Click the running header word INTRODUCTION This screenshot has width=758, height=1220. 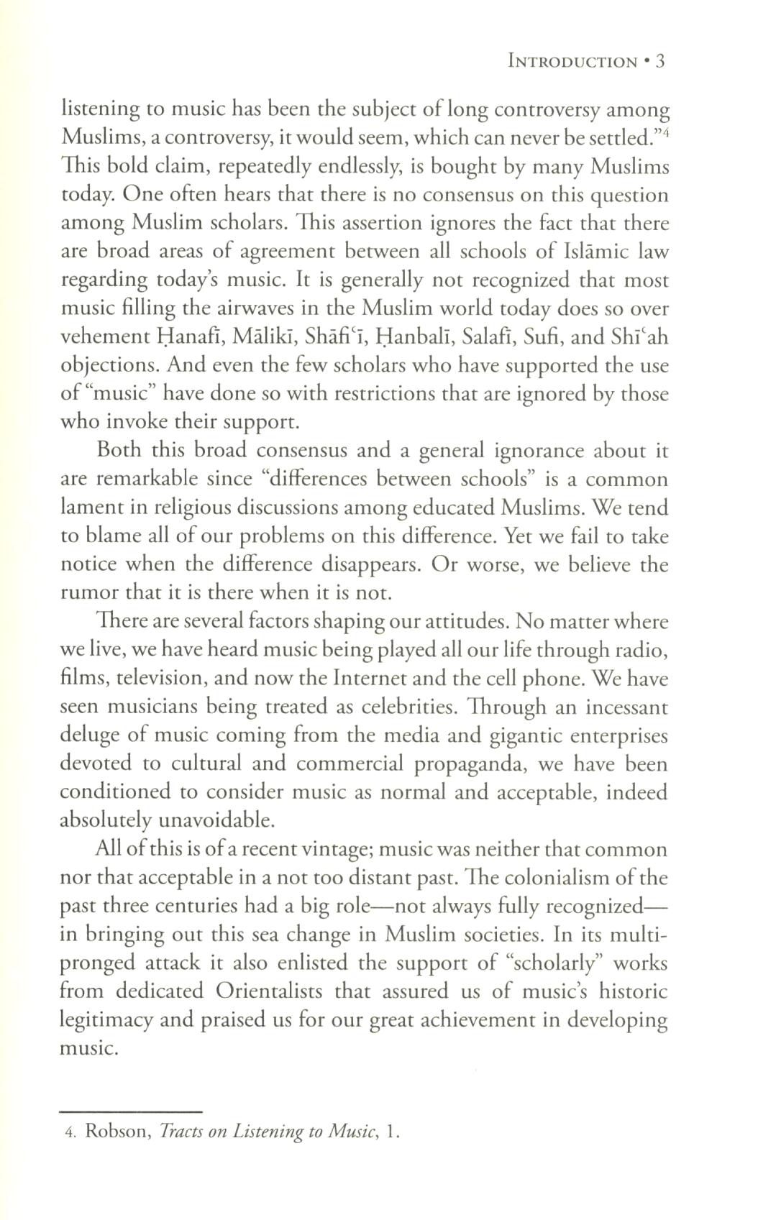pos(572,62)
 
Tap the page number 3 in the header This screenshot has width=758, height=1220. pos(661,62)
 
